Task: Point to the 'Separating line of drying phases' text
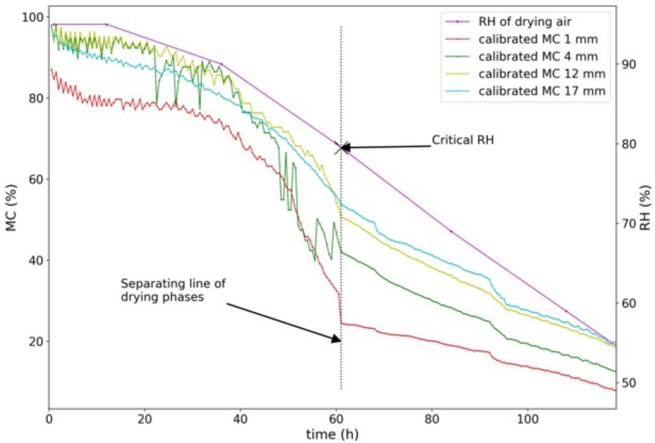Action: (172, 290)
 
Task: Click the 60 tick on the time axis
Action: (336, 417)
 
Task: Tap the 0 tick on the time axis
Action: (49, 417)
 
